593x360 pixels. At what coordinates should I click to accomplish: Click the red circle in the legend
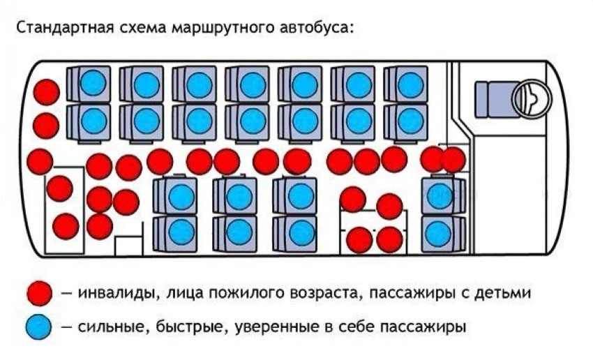[40, 293]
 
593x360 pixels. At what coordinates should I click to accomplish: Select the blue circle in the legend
[40, 326]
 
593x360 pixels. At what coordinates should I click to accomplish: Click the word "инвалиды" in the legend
[115, 293]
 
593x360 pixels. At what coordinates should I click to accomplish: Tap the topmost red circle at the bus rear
[47, 91]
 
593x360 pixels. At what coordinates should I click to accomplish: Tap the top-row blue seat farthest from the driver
[93, 84]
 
